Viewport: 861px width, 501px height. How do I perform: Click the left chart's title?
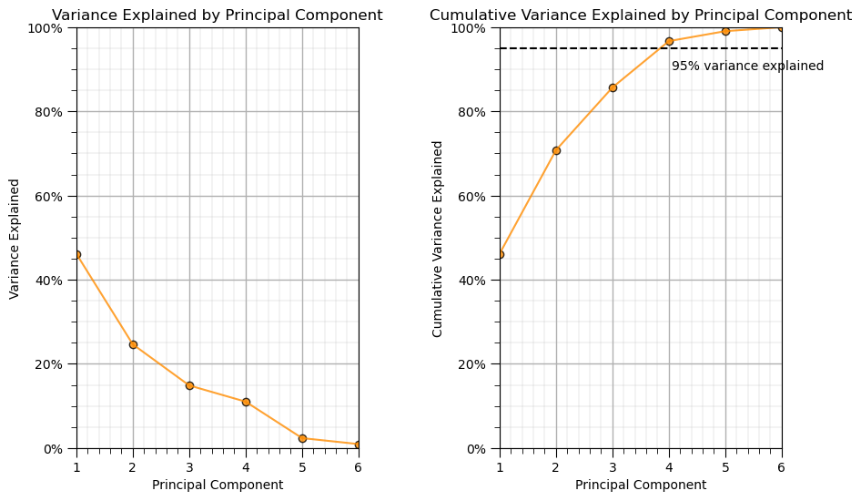(x=217, y=15)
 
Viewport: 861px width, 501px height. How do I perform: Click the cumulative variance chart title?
(x=640, y=15)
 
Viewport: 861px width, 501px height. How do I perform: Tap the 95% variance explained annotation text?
(x=747, y=66)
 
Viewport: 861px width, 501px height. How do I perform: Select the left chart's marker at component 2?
(x=133, y=344)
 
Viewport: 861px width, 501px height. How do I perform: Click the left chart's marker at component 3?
(x=189, y=385)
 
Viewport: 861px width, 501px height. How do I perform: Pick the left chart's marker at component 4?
(x=246, y=402)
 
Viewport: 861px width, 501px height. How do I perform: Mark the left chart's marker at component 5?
(x=302, y=438)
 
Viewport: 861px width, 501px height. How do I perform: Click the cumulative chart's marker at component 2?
(x=556, y=150)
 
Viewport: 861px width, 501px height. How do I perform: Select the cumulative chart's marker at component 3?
(x=613, y=87)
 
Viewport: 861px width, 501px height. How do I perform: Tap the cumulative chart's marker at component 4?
(x=669, y=41)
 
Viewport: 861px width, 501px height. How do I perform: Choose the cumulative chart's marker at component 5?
(x=725, y=31)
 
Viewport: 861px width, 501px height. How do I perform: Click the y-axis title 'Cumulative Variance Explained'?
(x=438, y=239)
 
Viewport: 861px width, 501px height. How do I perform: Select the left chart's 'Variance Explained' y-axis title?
(x=15, y=239)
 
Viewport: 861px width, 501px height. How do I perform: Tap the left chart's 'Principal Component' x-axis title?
(x=218, y=485)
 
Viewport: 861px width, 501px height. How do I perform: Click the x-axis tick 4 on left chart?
(x=246, y=466)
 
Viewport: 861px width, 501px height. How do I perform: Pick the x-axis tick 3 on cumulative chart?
(x=613, y=466)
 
